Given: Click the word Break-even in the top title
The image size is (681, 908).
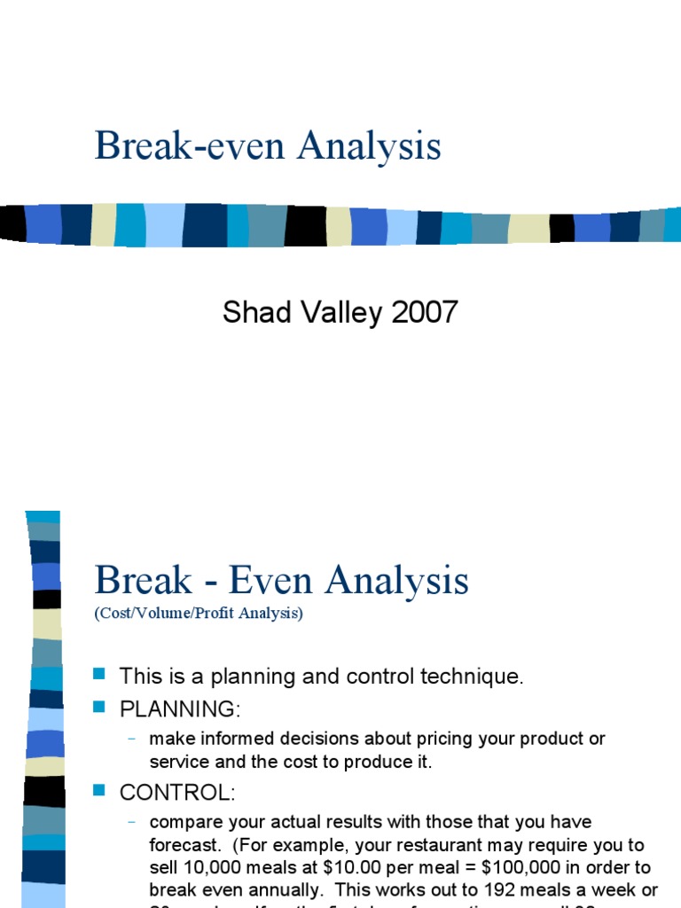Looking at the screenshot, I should coord(191,146).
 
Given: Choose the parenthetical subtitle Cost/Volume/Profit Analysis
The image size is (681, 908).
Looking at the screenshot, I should coord(199,614).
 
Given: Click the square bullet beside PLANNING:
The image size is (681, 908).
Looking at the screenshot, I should coord(99,706).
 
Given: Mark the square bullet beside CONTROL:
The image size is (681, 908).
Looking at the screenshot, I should coord(99,789).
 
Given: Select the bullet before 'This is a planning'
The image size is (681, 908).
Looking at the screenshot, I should coord(99,675).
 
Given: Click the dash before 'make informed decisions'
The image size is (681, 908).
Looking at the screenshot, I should coord(132,739).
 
